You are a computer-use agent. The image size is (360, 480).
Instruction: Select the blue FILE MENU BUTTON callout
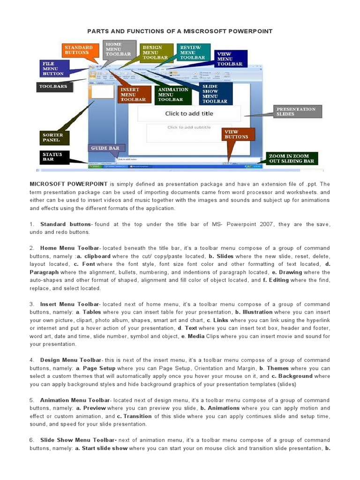click(53, 68)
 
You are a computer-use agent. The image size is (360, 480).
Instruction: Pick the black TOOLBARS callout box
click(53, 87)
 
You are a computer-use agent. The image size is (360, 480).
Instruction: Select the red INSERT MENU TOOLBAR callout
click(134, 94)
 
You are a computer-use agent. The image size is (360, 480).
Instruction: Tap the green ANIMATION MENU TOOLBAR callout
click(173, 94)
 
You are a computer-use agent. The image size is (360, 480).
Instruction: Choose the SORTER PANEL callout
click(54, 138)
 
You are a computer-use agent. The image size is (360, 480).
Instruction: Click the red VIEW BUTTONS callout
click(238, 135)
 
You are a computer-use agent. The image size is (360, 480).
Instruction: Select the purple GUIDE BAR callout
click(106, 148)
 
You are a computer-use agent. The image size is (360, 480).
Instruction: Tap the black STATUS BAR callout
click(53, 157)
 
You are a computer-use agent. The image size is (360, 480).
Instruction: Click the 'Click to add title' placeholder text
click(189, 113)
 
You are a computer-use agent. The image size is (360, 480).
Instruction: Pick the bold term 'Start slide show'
click(105, 448)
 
